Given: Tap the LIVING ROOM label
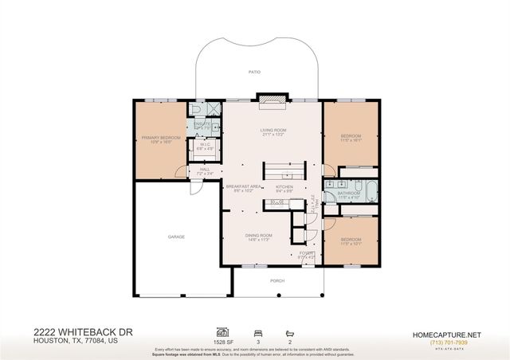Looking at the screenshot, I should [x=273, y=130].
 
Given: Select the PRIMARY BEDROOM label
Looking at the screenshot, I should [x=161, y=137].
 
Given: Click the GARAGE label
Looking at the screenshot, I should [x=176, y=237].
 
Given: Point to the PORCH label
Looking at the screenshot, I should [x=277, y=280].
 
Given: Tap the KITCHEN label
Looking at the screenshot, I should [x=284, y=187].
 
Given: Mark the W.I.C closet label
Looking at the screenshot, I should [x=204, y=146].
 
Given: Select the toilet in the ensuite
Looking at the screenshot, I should [x=198, y=110].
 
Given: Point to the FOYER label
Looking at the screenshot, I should [x=306, y=252].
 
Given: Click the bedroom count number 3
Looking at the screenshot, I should [x=258, y=341].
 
